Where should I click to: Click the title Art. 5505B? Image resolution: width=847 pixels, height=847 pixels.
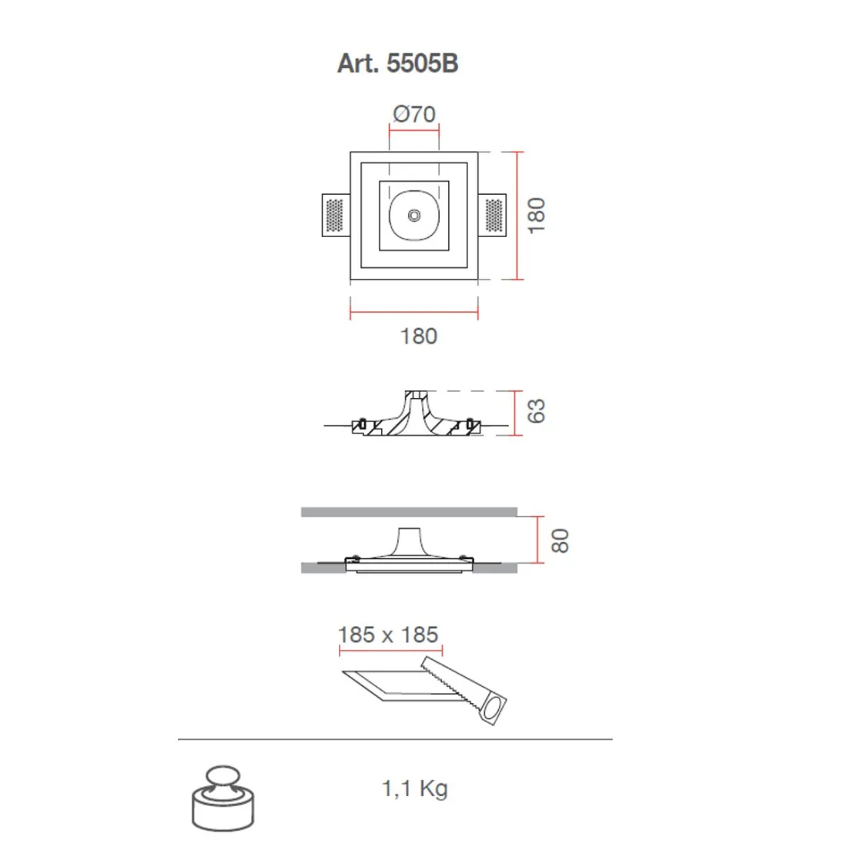[397, 62]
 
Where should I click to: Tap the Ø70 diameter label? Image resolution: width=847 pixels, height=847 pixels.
[414, 114]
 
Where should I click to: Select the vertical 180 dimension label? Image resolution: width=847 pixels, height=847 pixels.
[536, 216]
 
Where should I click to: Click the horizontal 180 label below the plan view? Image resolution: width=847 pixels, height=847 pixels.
[418, 336]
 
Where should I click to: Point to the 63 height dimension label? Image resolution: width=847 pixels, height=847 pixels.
[536, 411]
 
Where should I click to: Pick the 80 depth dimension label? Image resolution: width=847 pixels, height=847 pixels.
[560, 540]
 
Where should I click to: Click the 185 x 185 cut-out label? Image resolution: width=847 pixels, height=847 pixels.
[388, 634]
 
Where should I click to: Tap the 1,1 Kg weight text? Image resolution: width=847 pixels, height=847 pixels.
[414, 788]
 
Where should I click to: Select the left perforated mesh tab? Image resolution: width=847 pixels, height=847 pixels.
[334, 216]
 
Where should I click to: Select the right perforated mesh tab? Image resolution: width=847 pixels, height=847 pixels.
[494, 216]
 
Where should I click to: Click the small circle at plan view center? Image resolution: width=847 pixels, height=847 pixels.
[414, 216]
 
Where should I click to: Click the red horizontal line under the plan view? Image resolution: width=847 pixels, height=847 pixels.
[414, 313]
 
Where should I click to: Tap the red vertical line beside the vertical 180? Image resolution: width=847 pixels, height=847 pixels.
[519, 216]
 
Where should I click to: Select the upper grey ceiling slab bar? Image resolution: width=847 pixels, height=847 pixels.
[408, 512]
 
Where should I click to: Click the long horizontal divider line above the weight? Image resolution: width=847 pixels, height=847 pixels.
[395, 739]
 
